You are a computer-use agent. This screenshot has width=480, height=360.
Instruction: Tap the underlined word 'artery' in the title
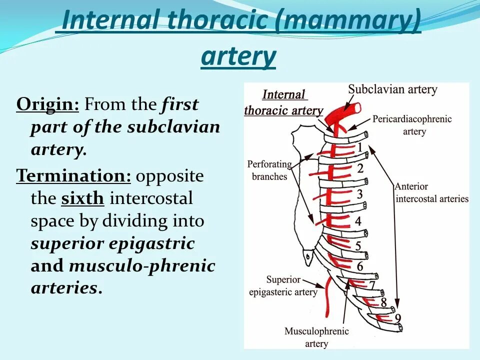pos(238,56)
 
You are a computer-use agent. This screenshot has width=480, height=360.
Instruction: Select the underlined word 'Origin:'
pos(48,105)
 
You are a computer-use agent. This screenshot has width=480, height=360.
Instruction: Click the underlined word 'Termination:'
pos(74,176)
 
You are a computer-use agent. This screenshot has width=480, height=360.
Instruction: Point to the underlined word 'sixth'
pos(82,198)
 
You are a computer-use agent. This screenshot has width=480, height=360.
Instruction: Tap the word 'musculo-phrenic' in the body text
pos(142,266)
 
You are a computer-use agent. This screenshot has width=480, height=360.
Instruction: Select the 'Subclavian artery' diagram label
pos(392,90)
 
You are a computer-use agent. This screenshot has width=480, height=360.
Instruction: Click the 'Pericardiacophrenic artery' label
pos(411,125)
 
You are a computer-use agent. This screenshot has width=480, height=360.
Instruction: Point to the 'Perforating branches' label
pos(269,170)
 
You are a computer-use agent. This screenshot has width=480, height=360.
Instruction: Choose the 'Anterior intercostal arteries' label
pos(431,192)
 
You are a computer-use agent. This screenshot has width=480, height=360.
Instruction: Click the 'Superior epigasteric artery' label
pos(283,286)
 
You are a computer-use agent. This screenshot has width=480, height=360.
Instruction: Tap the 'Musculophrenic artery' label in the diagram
pos(316,337)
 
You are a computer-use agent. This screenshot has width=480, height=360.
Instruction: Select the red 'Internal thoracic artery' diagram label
pos(283,102)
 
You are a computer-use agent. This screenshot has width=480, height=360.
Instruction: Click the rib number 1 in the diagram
pos(358,147)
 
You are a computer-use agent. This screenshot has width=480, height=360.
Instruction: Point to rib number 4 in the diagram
pos(358,220)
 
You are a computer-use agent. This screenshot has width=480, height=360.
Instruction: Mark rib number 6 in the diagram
pos(360,266)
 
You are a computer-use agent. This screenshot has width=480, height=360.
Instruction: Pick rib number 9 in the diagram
pos(397,317)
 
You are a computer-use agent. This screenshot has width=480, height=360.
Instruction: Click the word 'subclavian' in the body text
pos(173,127)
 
